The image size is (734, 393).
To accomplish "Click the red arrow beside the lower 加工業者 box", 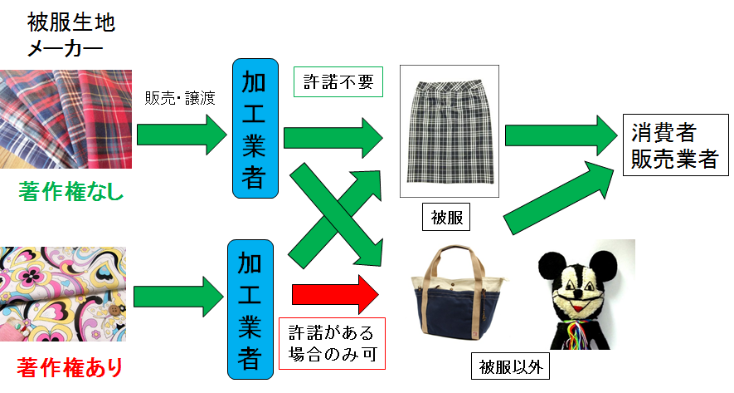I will click(335, 294).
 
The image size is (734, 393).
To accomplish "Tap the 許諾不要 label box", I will click(338, 81).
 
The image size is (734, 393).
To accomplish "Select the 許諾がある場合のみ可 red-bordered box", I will click(332, 343).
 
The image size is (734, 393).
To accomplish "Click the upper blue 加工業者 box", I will click(252, 129).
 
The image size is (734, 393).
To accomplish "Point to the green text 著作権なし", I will click(70, 194).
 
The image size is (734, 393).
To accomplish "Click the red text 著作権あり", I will click(70, 366).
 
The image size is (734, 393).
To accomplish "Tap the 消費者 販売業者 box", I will click(673, 145).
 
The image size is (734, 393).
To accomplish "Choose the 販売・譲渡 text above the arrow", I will click(179, 99).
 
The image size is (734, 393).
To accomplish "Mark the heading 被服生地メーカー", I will click(65, 35).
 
